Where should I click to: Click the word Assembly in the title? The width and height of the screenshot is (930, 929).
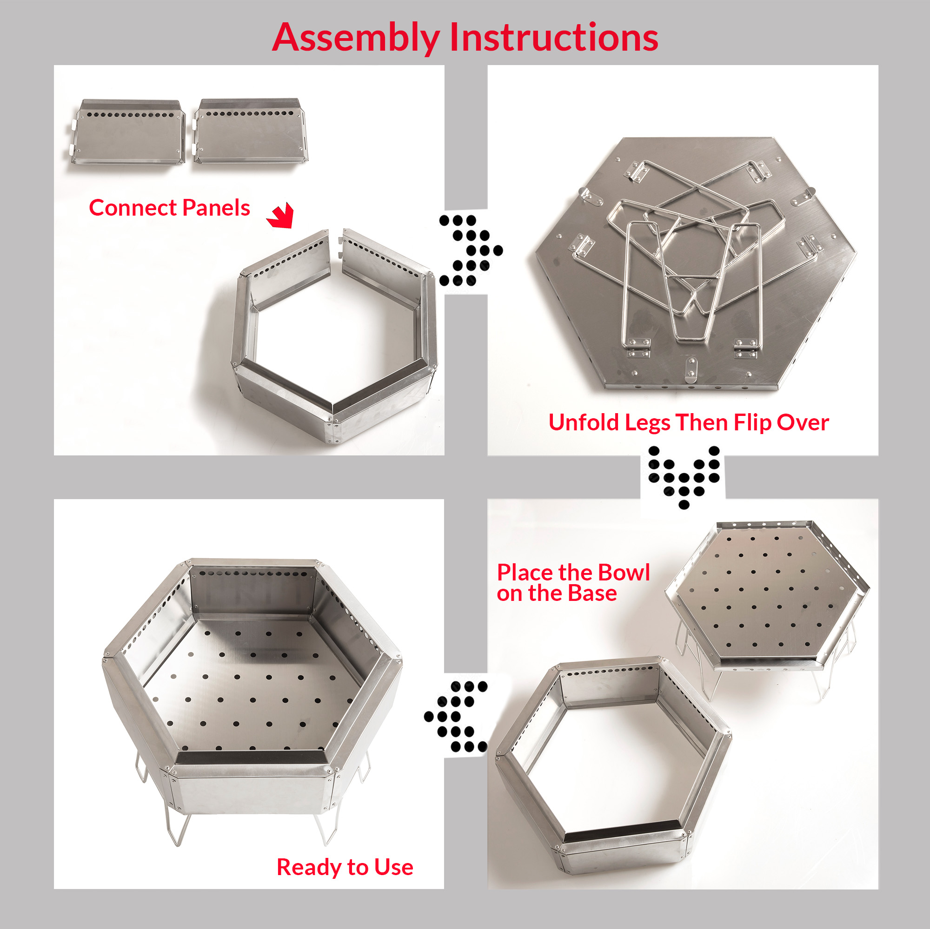point(356,39)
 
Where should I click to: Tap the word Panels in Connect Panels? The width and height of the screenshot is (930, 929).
point(216,208)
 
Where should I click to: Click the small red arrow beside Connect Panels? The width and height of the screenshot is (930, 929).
point(281,215)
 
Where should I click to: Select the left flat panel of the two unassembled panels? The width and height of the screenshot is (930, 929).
point(128,132)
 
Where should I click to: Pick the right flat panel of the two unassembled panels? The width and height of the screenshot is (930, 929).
point(250,131)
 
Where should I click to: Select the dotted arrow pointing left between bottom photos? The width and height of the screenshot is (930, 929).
point(455,716)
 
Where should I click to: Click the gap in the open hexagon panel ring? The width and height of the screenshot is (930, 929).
point(336,241)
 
